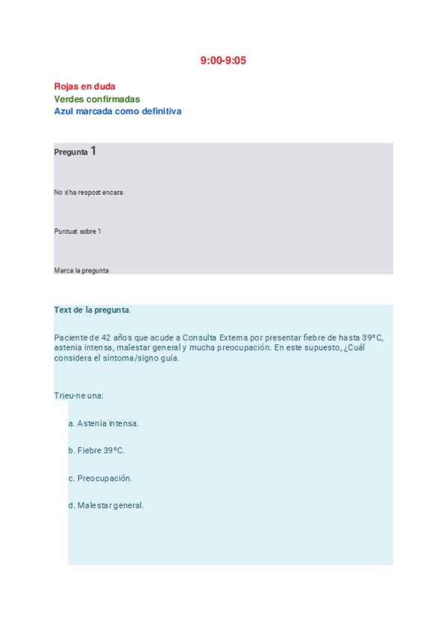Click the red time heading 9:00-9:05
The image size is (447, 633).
point(223,60)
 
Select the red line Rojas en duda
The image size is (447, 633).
point(84,87)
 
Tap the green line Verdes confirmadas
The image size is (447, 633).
point(97,99)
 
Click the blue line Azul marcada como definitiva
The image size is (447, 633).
point(117,111)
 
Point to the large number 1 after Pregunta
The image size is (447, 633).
point(93,151)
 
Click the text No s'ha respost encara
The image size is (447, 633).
point(88,193)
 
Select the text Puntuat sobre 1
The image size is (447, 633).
point(78,231)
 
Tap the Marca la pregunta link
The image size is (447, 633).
point(81,270)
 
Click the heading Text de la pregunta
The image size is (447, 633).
point(91,310)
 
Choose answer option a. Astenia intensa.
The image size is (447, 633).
point(104,423)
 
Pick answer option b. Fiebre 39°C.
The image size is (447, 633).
point(96,451)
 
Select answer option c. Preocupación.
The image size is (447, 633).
point(100,478)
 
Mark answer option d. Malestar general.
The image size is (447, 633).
point(106,505)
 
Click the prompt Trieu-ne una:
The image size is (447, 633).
point(78,395)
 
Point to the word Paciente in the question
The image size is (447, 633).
point(70,337)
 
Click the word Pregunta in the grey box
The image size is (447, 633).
point(70,152)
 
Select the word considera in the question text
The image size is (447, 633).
point(74,358)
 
